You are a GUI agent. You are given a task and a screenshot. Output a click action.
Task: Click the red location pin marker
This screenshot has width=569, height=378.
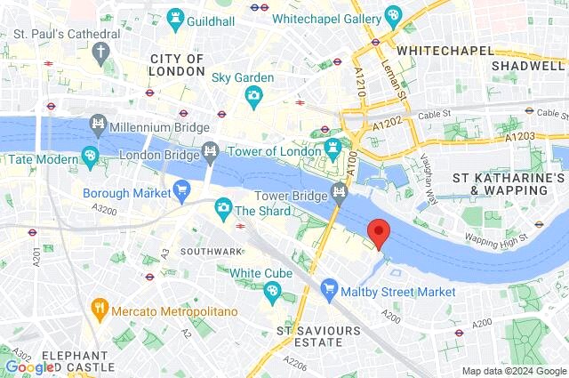pos(380,233)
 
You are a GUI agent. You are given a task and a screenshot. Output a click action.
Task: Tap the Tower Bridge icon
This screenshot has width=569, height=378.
pos(339,191)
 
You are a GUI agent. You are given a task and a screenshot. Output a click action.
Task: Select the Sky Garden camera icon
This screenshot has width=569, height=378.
pos(253,95)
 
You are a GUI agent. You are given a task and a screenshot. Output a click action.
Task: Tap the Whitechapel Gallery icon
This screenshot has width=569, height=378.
pos(392,16)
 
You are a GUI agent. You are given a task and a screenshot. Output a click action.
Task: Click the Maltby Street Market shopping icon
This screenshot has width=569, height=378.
pos(330,289)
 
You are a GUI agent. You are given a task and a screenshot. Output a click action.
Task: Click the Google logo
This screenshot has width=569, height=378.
pos(29,366)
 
